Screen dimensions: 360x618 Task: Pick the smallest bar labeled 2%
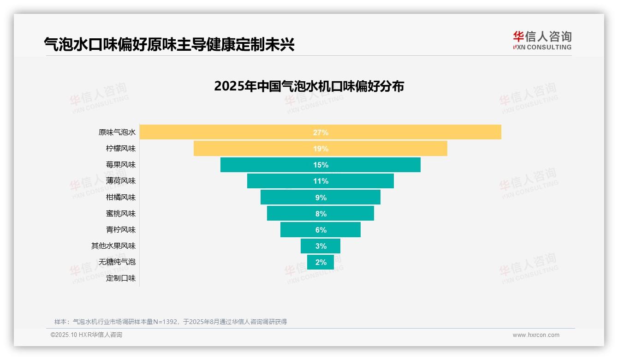[321, 262]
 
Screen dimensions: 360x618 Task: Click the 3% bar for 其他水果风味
[321, 246]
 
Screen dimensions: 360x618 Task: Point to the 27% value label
[321, 132]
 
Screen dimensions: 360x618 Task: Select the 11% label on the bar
[321, 181]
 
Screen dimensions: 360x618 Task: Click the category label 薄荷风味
[121, 181]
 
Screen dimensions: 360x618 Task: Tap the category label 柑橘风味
[121, 197]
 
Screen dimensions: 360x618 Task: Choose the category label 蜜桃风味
[121, 213]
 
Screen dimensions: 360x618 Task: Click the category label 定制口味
[121, 278]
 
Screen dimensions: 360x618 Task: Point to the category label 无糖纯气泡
[117, 262]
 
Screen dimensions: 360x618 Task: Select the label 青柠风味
[121, 229]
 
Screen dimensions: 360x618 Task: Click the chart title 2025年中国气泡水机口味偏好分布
[309, 86]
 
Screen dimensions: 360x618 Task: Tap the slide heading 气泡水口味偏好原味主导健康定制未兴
[169, 44]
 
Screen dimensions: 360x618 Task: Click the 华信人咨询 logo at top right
[542, 40]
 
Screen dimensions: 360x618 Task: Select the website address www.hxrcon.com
[536, 335]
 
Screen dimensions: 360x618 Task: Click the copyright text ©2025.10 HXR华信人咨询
[87, 335]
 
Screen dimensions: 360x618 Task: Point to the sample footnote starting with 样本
[171, 322]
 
